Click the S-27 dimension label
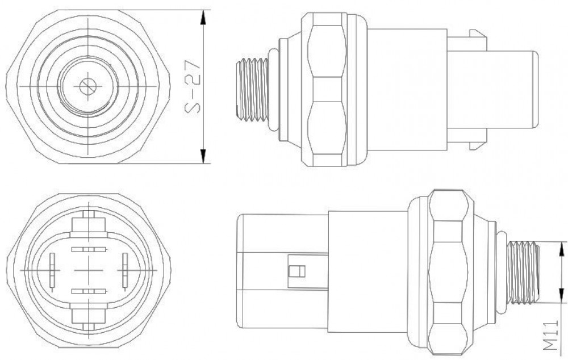192,86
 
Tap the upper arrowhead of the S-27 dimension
203,18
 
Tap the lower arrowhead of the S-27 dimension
203,156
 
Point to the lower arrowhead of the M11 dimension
562,295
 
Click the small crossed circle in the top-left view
87,86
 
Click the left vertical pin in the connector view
52,272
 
